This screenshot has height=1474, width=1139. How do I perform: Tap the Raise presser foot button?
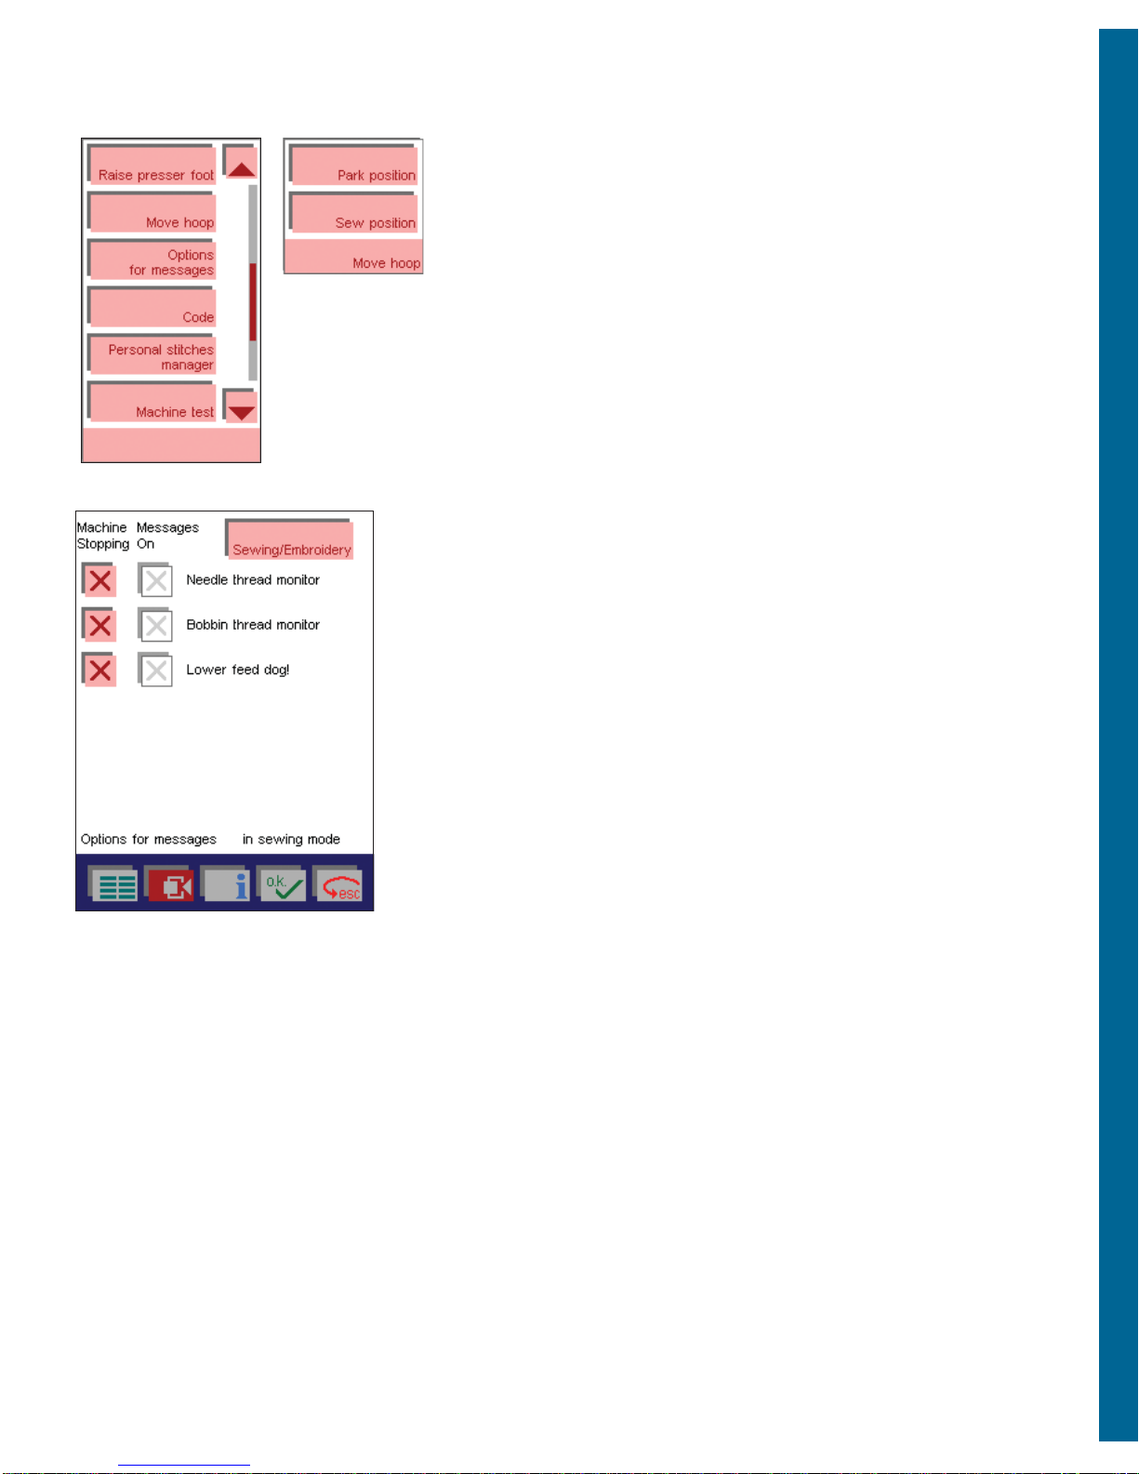coord(152,165)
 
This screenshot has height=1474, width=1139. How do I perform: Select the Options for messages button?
coord(152,259)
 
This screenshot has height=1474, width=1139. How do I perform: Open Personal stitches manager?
coord(152,354)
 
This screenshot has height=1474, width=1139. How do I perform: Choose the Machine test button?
coord(152,402)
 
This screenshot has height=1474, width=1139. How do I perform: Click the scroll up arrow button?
coord(240,162)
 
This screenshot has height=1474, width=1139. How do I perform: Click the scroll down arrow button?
coord(240,405)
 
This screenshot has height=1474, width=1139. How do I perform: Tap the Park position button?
coord(353,165)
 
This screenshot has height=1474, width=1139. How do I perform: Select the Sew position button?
coord(353,212)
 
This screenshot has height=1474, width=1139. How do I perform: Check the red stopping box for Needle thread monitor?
coord(99,580)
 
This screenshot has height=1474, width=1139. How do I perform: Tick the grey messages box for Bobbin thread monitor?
coord(155,625)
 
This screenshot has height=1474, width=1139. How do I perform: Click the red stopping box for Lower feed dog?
coord(99,670)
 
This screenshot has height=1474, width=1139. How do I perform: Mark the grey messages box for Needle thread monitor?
coord(155,580)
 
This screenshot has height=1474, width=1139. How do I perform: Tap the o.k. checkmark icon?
coord(282,883)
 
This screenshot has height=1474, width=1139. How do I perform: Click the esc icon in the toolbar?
coord(338,883)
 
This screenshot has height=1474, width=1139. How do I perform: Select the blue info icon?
coord(225,883)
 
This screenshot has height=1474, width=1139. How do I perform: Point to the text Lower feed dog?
coord(238,671)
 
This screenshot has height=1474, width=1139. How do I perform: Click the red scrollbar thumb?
coord(253,302)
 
